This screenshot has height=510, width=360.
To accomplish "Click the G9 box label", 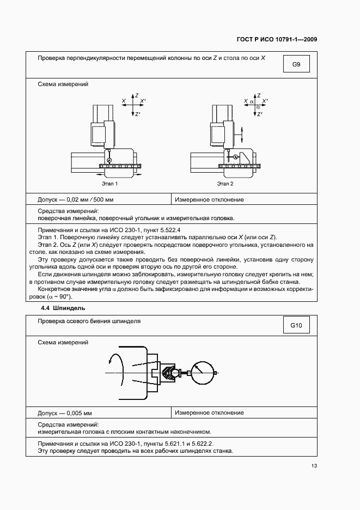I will click(x=296, y=65).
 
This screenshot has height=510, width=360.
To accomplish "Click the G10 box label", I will click(x=296, y=326).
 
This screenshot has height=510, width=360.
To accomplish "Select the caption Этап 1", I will click(x=109, y=184).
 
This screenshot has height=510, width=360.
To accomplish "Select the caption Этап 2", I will click(x=225, y=184).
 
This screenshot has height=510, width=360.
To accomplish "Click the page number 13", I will click(x=314, y=465).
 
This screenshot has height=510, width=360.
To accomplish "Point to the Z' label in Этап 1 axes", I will click(x=138, y=113).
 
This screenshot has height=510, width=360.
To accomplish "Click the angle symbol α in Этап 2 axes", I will click(x=252, y=101).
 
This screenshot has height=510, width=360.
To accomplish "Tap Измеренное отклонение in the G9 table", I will click(x=209, y=199).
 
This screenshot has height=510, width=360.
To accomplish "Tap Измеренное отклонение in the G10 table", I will click(x=209, y=412).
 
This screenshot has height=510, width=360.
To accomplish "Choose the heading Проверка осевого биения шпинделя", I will click(x=89, y=321).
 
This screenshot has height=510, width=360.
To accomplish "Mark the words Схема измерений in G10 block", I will click(x=63, y=342).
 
